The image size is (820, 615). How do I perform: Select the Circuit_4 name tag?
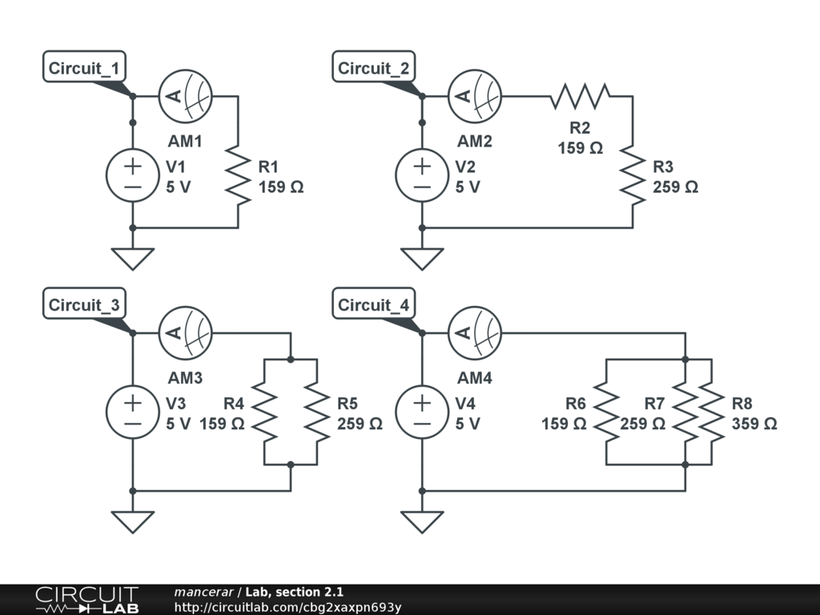373,305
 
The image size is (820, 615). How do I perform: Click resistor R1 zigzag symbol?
238,175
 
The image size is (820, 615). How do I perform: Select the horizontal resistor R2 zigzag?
581,96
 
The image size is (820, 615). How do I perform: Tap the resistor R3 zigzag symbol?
633,175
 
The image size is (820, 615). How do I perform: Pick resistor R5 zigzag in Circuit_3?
318,413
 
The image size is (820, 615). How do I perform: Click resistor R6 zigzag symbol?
606,413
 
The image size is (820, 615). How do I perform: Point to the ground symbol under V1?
132,258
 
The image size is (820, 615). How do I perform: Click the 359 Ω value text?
754,424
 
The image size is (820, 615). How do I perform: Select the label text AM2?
475,141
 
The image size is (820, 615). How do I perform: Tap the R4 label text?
233,404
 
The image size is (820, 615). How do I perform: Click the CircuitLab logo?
86,600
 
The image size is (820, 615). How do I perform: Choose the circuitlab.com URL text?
287,608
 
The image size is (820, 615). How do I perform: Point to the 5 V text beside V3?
179,424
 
